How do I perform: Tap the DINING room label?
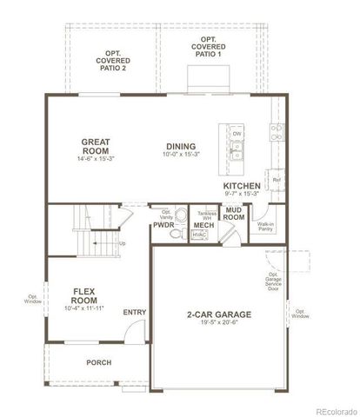point(181,146)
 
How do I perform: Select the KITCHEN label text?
point(242,186)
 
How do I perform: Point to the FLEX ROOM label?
point(83,296)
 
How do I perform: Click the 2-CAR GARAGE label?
point(218,315)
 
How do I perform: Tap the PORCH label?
point(97,362)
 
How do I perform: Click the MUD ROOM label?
point(233,214)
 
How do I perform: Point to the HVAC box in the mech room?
point(199,235)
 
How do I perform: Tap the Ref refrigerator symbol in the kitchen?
point(277,180)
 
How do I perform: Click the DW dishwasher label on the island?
point(237,133)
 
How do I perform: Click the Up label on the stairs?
point(122,242)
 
